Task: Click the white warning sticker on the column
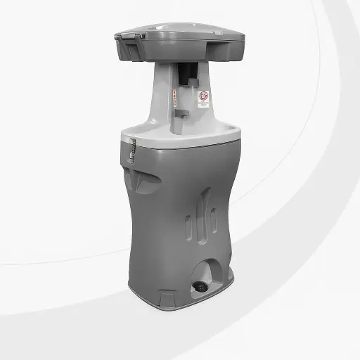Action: tap(203, 98)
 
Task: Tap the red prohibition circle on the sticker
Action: tap(203, 94)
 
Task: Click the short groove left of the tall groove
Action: tap(188, 226)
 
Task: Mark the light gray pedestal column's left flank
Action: tap(160, 98)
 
